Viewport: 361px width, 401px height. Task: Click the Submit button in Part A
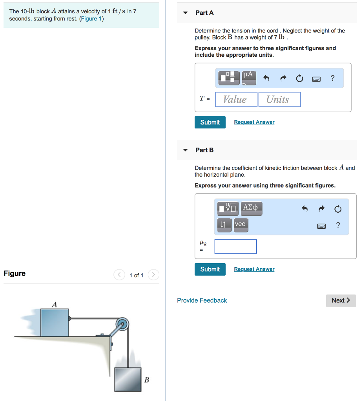(210, 122)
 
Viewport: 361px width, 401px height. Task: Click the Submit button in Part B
(210, 269)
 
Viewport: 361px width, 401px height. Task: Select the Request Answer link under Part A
(254, 122)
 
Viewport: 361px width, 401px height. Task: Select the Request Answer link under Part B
(254, 269)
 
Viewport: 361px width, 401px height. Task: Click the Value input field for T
(237, 99)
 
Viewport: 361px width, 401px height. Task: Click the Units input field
(279, 99)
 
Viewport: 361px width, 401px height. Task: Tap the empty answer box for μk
(235, 246)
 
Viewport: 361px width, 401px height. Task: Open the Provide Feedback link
(202, 300)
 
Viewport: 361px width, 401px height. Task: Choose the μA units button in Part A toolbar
(249, 78)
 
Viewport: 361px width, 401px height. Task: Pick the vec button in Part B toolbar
(240, 225)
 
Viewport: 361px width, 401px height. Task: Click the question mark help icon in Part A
(333, 78)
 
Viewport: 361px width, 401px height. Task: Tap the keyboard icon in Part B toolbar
(321, 226)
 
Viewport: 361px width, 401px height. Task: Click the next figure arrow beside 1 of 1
(154, 275)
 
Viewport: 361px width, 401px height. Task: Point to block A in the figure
(55, 322)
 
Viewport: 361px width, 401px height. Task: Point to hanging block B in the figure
(128, 380)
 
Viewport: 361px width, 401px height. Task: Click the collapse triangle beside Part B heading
(186, 150)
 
